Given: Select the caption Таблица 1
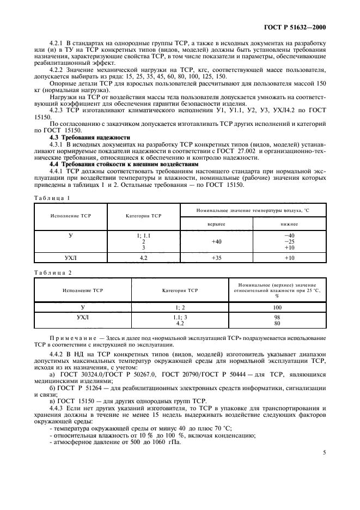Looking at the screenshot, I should [50, 199].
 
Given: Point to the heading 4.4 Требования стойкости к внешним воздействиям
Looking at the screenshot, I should [123, 164].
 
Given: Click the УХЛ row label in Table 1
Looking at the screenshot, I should [70, 258].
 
